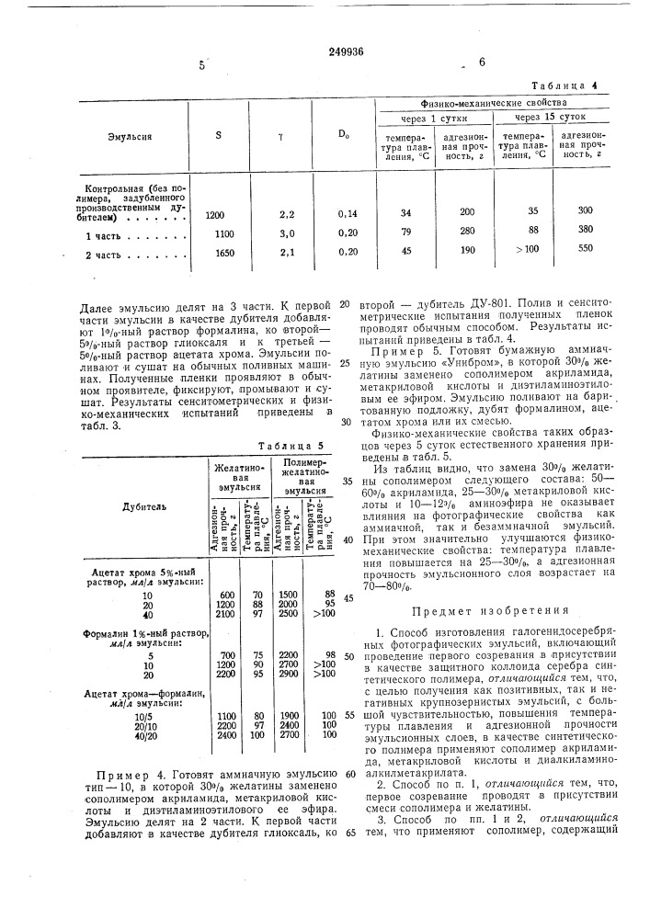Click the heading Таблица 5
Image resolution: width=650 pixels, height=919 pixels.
(x=284, y=446)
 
